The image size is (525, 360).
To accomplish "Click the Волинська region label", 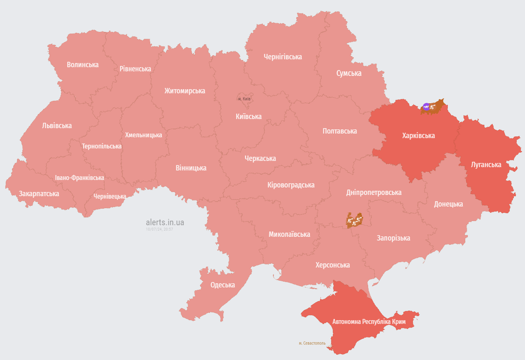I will [83, 65].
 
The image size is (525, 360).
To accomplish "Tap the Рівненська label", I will [135, 68].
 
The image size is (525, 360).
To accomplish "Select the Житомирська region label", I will [185, 91].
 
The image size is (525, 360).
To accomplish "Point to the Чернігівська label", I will [283, 57].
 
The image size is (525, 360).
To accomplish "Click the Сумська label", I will [349, 73].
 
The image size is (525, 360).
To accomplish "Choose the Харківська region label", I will [418, 135].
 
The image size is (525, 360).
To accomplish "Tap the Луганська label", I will [486, 165].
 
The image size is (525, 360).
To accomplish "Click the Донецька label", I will [448, 204].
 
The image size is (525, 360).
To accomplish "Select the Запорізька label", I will [393, 238].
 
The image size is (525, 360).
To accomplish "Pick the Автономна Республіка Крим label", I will [369, 322].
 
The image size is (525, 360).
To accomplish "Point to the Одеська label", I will [222, 285].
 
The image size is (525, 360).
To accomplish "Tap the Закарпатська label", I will [39, 194].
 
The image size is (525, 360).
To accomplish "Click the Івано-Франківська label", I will [80, 178].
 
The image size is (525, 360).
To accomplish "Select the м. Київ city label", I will [244, 99].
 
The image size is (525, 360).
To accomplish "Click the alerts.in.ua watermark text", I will [165, 223].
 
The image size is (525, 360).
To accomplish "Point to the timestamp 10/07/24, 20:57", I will [159, 229].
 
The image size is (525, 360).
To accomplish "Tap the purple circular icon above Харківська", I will [426, 107].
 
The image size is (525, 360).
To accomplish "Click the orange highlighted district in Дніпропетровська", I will [354, 220].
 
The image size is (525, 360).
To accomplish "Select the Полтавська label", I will [339, 131].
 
